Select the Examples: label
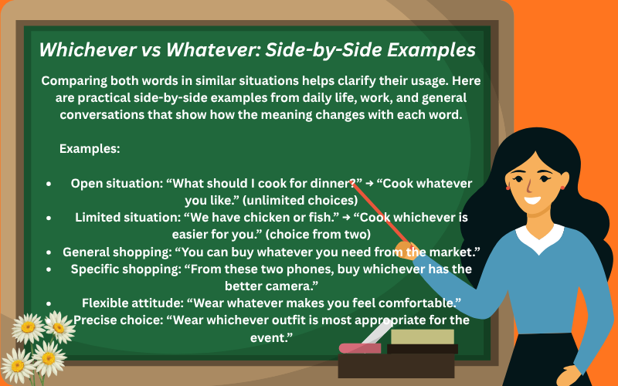tap(89, 147)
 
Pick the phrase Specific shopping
tap(117, 268)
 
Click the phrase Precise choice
tap(114, 319)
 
